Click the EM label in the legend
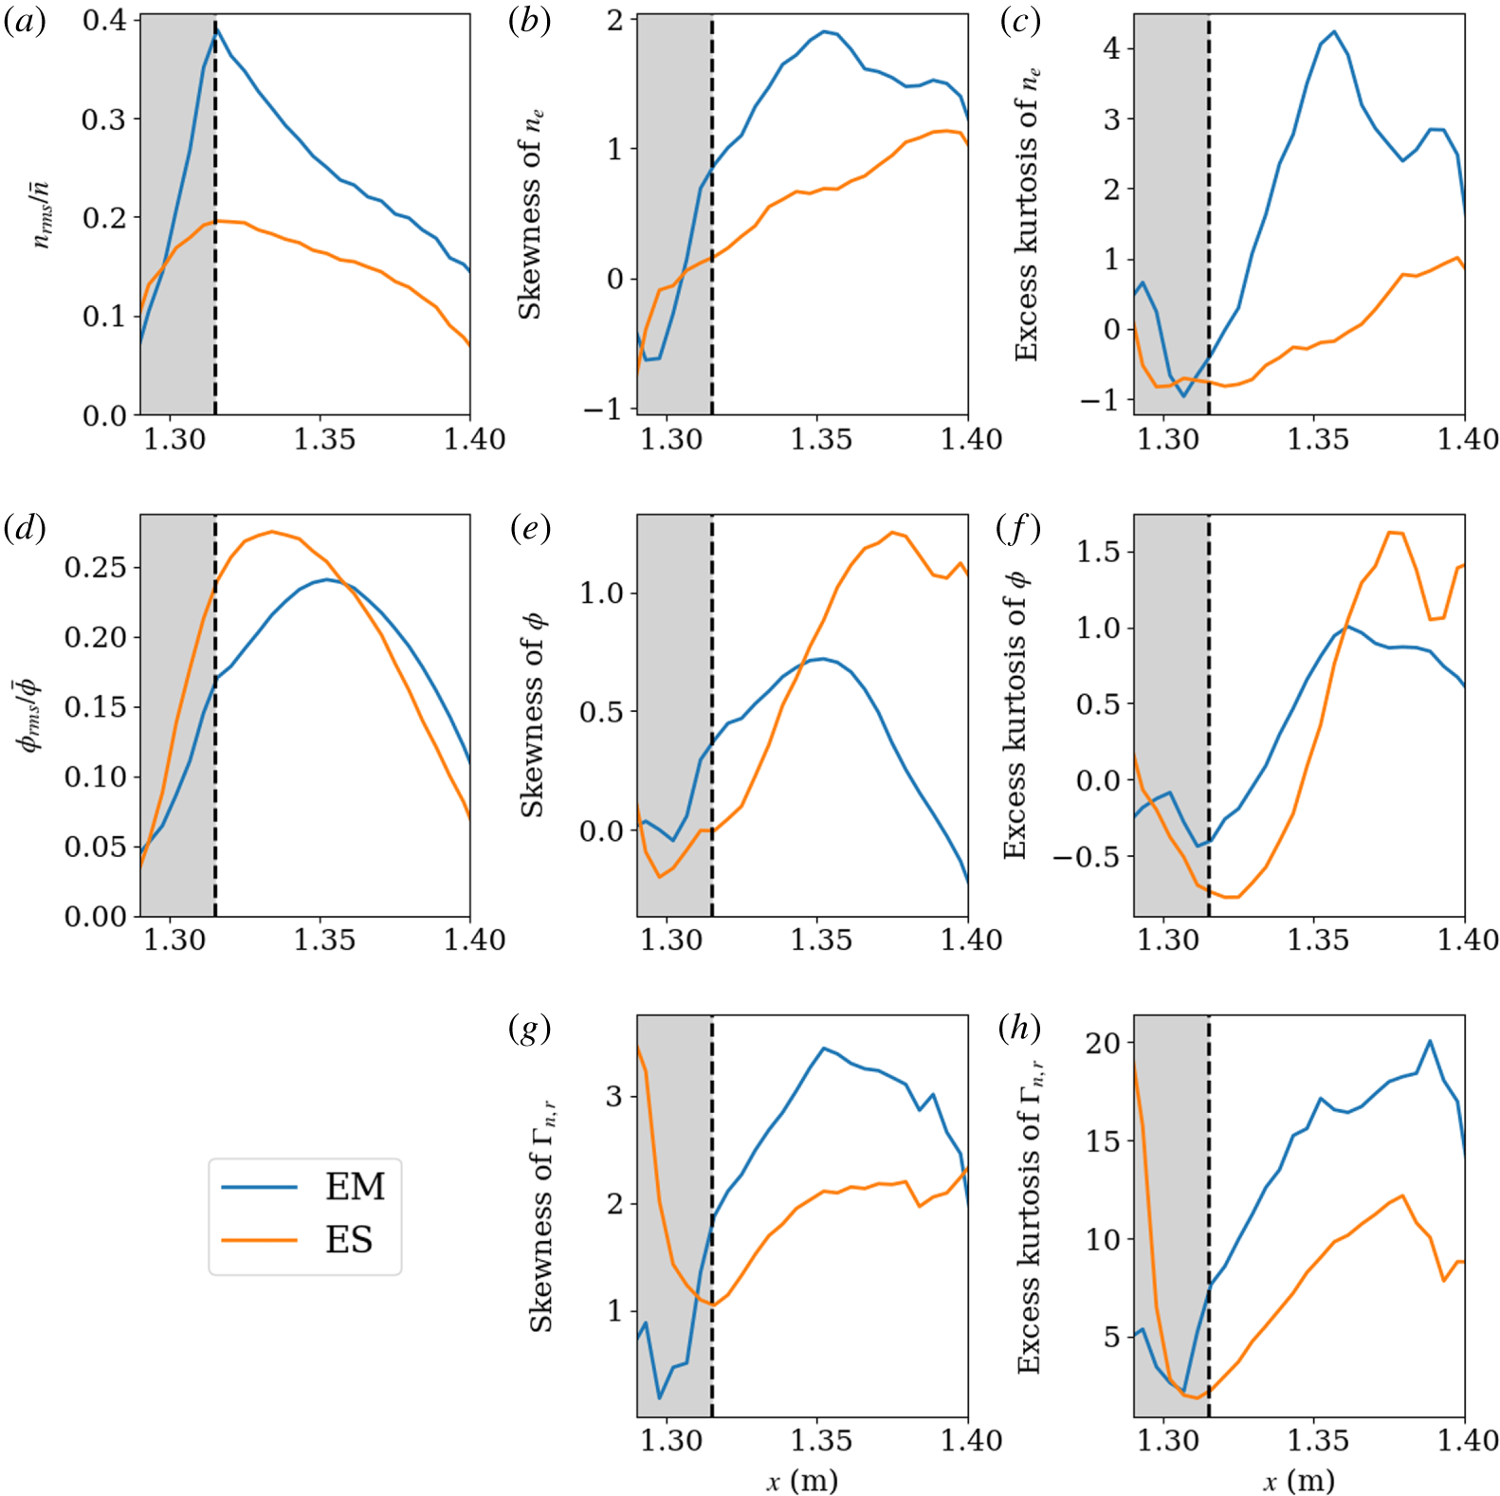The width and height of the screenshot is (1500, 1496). coord(355,1186)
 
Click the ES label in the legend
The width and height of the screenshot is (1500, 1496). coord(349,1240)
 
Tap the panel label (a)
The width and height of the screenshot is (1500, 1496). coord(25,21)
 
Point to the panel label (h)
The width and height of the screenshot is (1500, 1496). coord(1019,1028)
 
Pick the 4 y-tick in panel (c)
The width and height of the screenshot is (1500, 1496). coord(1111,48)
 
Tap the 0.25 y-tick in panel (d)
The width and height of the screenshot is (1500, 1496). coord(96,567)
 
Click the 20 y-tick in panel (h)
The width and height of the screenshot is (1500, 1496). coord(1103,1043)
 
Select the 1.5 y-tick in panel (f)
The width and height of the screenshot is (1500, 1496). coord(1098,552)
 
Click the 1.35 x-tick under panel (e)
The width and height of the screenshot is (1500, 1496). coord(821,940)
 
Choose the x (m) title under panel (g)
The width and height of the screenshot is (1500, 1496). coord(802,1480)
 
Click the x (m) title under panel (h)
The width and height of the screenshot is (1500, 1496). coord(1299,1480)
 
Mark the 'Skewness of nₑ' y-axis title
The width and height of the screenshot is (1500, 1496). coord(531,214)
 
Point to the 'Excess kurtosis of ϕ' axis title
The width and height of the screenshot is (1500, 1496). coord(1015,715)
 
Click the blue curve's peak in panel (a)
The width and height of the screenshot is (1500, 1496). coord(216,30)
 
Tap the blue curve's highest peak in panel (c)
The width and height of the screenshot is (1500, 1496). coord(1334,31)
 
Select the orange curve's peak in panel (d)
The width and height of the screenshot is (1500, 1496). coord(273,532)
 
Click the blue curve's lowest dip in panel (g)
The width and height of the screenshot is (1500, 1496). coord(660,1397)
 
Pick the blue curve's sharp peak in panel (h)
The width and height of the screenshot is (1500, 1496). coord(1430,1041)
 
